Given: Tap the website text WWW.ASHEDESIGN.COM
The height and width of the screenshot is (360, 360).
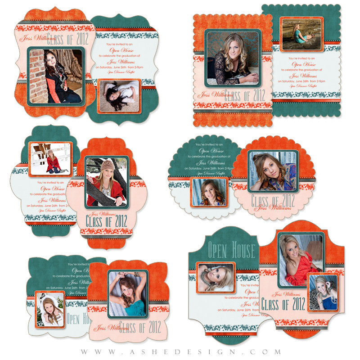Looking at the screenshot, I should point(180,352).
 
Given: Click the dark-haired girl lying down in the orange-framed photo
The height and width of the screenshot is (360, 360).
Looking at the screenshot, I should point(119,96).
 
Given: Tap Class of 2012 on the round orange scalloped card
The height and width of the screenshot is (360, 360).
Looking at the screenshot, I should point(273,200).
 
